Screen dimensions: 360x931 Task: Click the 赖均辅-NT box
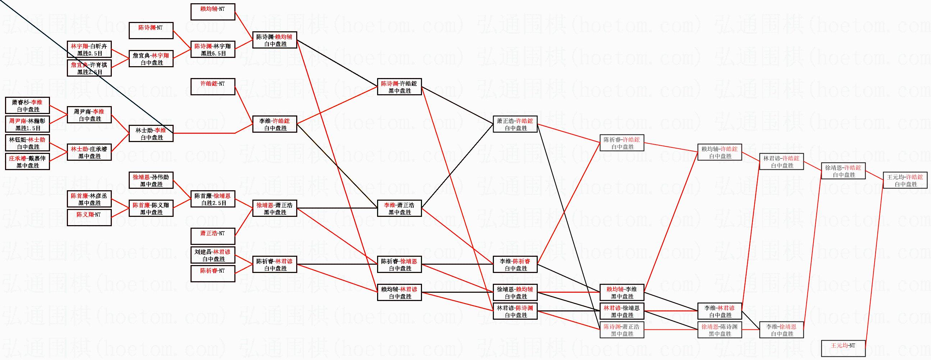213,12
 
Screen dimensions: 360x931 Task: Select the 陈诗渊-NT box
151,31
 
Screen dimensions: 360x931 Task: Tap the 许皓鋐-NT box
213,87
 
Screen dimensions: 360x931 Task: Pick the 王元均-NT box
844,348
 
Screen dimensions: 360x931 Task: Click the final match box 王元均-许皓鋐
905,181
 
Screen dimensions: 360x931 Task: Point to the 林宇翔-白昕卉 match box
89,50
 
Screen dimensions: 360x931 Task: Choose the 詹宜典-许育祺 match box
89,68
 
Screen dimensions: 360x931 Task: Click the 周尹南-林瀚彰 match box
27,124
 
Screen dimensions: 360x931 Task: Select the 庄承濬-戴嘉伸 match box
27,161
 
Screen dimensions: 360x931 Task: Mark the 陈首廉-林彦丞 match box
89,199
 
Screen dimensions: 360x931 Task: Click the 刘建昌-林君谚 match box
213,255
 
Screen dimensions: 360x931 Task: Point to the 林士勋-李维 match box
151,134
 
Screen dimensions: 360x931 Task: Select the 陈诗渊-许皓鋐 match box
399,87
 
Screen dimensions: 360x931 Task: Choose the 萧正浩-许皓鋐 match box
515,124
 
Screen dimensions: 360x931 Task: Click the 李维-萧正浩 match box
399,209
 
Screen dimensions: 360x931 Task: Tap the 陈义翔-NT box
89,218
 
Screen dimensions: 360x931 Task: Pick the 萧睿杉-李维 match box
27,105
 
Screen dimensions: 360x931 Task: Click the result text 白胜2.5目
213,203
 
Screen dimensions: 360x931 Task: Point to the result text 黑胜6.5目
213,54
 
